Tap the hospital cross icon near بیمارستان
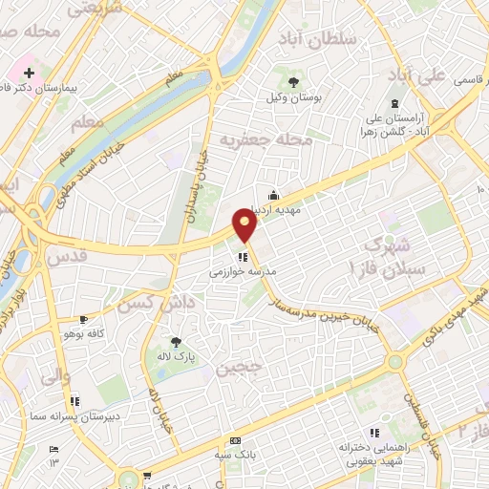pyautogui.click(x=29, y=73)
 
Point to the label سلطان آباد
pyautogui.click(x=317, y=38)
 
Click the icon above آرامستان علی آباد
pyautogui.click(x=393, y=104)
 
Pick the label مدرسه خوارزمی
pyautogui.click(x=243, y=272)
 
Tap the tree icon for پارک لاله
pyautogui.click(x=175, y=341)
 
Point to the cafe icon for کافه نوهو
pyautogui.click(x=84, y=320)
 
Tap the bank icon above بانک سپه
pyautogui.click(x=235, y=440)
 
